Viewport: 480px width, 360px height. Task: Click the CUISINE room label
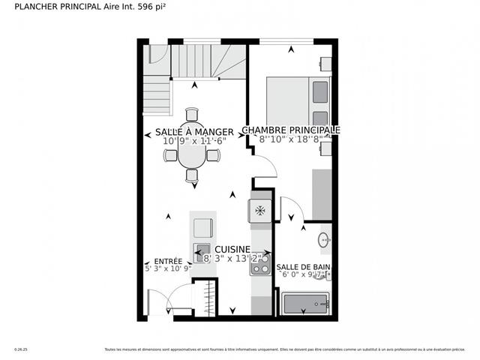point(232,249)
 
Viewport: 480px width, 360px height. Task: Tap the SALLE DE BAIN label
point(302,267)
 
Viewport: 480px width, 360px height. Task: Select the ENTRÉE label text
point(168,262)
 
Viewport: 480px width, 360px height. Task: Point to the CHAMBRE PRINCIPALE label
point(291,130)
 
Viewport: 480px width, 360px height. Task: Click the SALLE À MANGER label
point(189,133)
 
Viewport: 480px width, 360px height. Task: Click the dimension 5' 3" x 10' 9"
point(168,268)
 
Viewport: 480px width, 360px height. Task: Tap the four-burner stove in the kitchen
point(259,264)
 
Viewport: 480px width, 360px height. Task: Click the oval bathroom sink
point(324,241)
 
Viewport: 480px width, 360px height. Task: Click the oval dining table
point(191,156)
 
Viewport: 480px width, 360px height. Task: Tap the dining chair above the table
point(191,115)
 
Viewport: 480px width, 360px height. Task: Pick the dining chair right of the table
point(214,156)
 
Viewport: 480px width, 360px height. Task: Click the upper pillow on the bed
point(319,91)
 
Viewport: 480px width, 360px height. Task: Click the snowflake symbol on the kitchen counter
point(260,211)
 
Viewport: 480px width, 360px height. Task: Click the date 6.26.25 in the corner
point(20,349)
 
